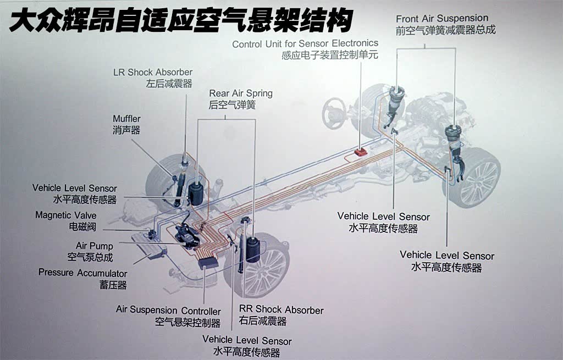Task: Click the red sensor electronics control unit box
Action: coord(361,150)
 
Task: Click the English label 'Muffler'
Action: coord(126,119)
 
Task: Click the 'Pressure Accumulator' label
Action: coord(82,273)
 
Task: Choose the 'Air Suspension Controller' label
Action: coord(168,311)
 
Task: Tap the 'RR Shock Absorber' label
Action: coord(281,310)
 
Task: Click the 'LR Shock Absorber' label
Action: coord(153,72)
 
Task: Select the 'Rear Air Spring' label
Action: coord(241,93)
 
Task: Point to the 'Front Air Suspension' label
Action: coord(442,19)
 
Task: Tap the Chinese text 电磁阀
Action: coord(82,226)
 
